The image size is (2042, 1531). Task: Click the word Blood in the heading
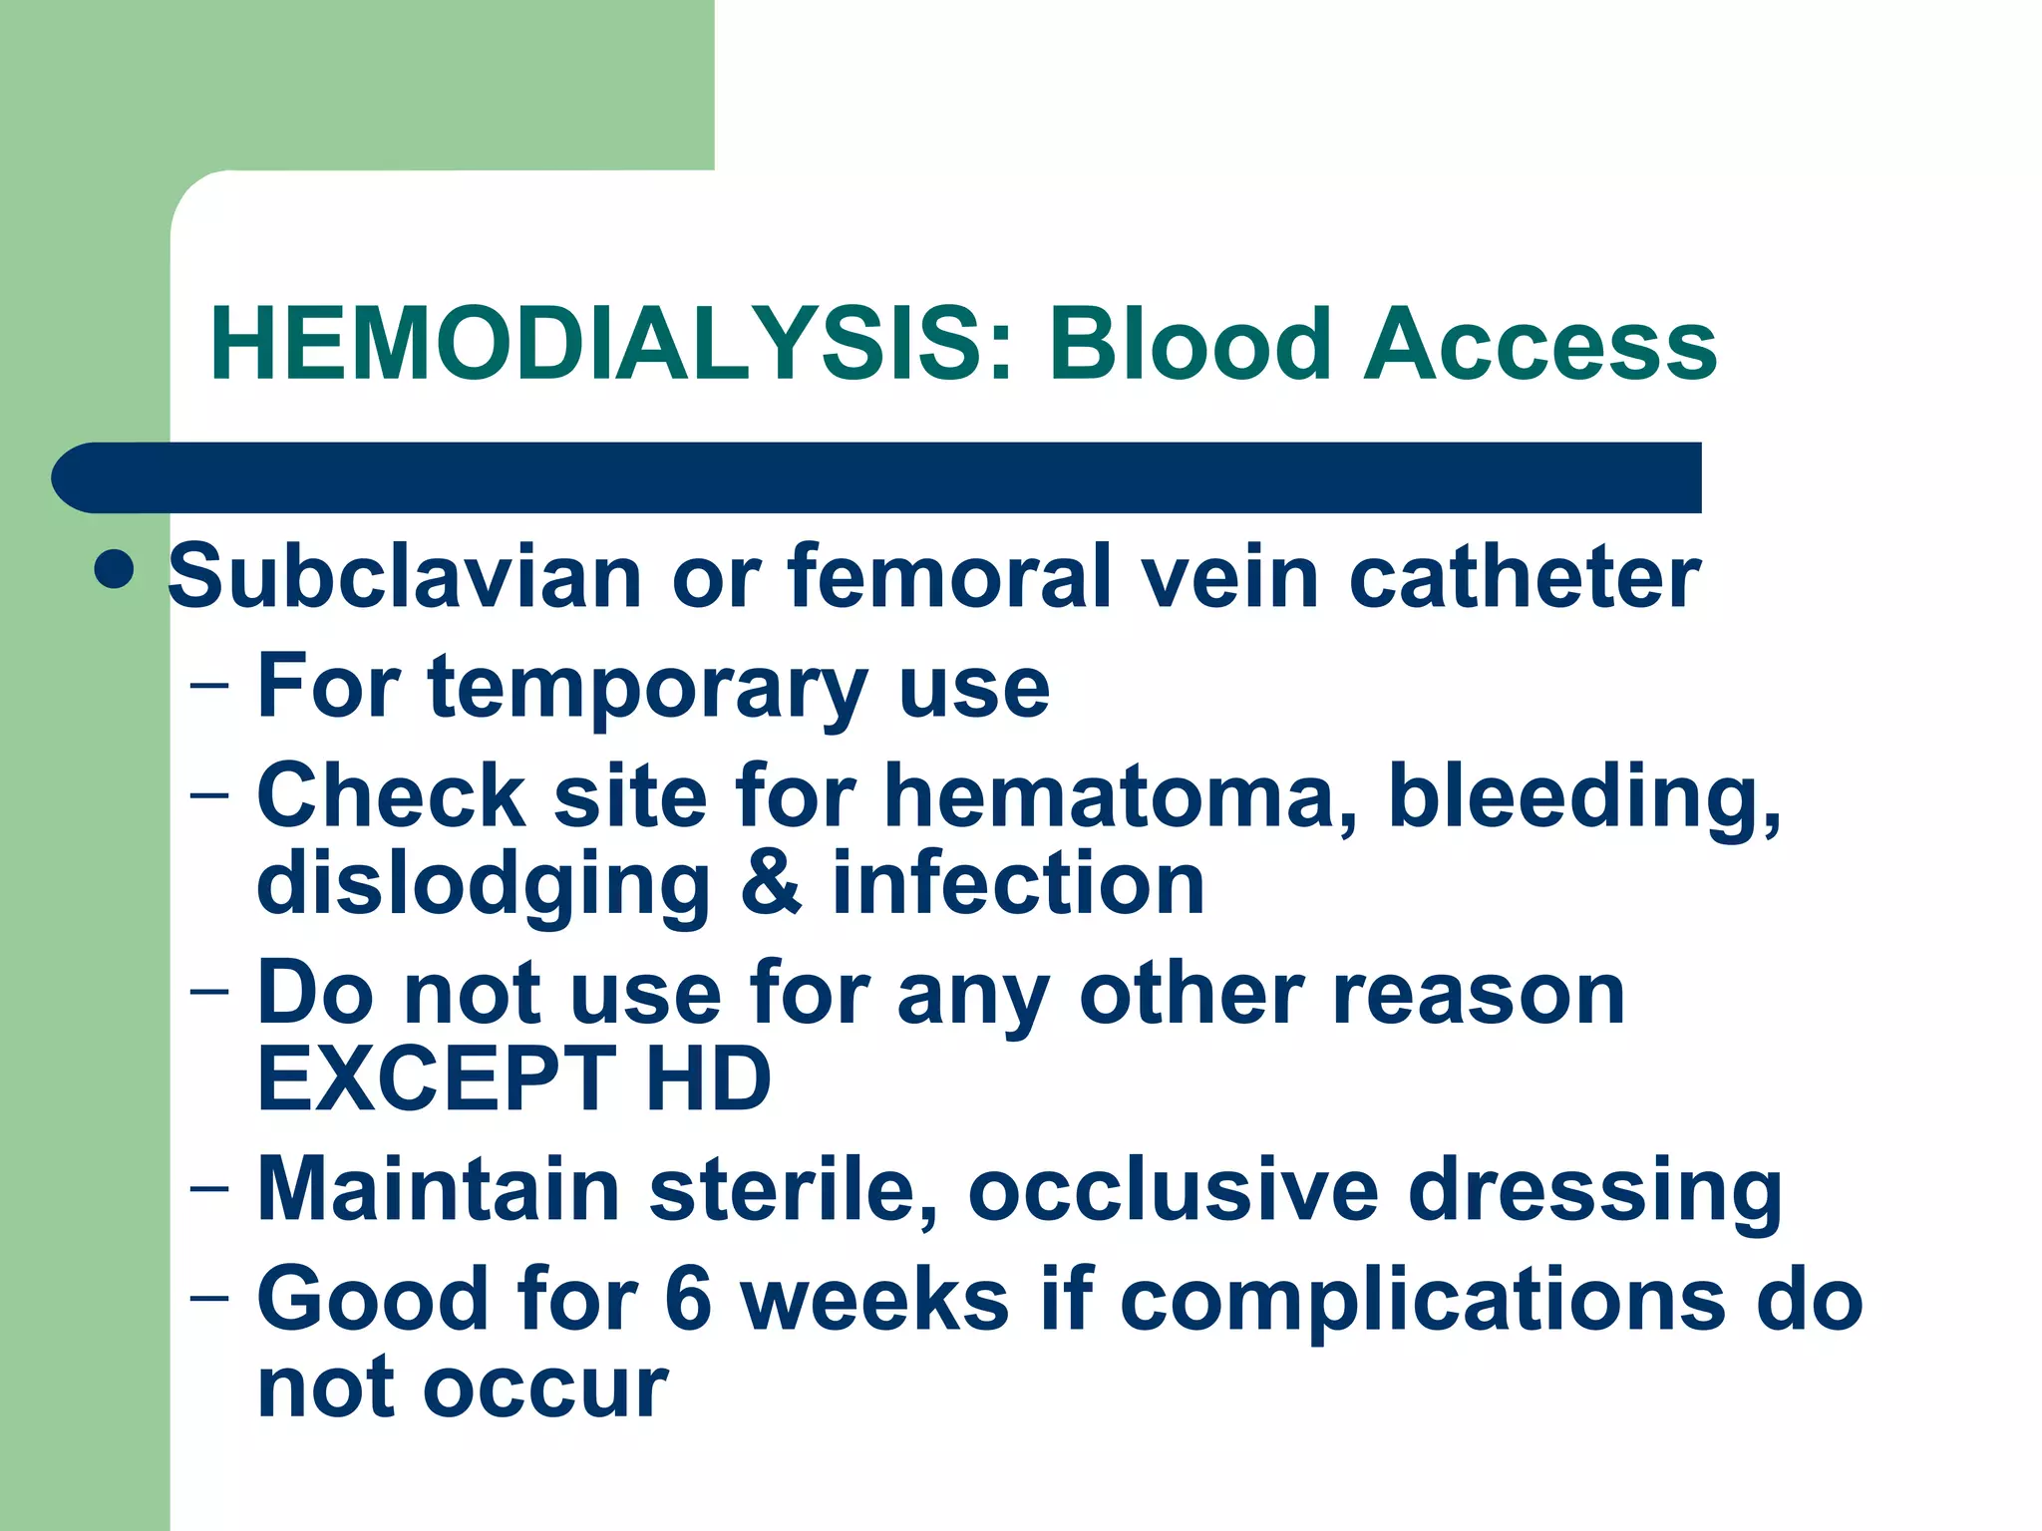(x=1190, y=344)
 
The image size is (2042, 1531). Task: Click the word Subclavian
(x=405, y=577)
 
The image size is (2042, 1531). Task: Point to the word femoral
(x=948, y=577)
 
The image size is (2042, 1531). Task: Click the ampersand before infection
(x=771, y=884)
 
